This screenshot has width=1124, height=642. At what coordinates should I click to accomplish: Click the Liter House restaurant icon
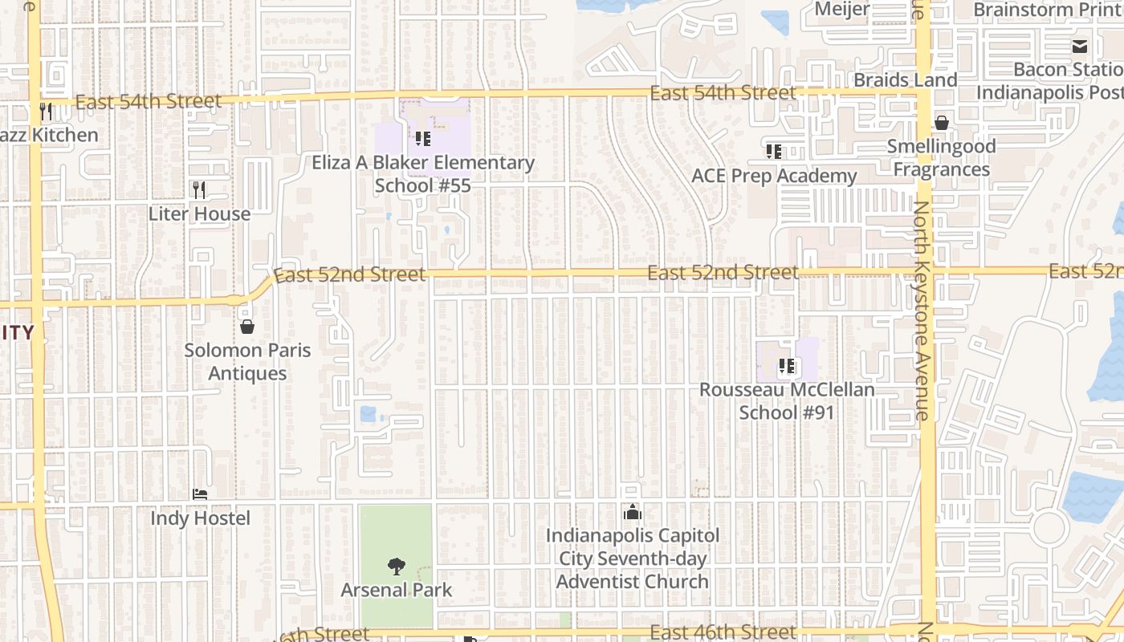click(x=199, y=190)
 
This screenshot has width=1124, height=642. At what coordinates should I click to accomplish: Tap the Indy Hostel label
click(x=200, y=518)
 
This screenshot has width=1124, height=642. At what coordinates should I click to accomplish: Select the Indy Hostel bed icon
click(x=200, y=494)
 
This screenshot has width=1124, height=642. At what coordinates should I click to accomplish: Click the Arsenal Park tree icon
click(x=396, y=567)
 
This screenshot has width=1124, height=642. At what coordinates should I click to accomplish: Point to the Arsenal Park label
click(x=396, y=590)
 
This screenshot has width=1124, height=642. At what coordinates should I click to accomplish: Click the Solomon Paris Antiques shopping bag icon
click(x=247, y=327)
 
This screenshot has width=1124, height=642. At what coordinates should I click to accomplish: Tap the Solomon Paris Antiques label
click(x=247, y=362)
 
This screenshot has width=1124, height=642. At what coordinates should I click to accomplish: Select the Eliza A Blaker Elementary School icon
click(x=423, y=139)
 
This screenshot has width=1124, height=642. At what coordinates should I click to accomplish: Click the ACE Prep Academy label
click(x=774, y=176)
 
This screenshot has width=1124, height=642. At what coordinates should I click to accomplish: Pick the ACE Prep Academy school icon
click(x=774, y=152)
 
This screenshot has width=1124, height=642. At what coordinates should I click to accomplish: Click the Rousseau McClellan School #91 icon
click(x=787, y=367)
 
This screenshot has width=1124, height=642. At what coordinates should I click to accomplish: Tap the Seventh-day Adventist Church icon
click(x=633, y=512)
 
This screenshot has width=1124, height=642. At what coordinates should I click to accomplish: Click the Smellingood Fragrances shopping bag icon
click(x=941, y=123)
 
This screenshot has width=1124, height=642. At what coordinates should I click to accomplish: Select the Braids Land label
click(x=905, y=80)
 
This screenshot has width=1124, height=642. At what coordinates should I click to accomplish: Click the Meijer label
click(x=841, y=9)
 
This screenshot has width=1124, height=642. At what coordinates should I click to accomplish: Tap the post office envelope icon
click(x=1080, y=47)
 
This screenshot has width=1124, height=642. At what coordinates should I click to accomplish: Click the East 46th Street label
click(x=723, y=632)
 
